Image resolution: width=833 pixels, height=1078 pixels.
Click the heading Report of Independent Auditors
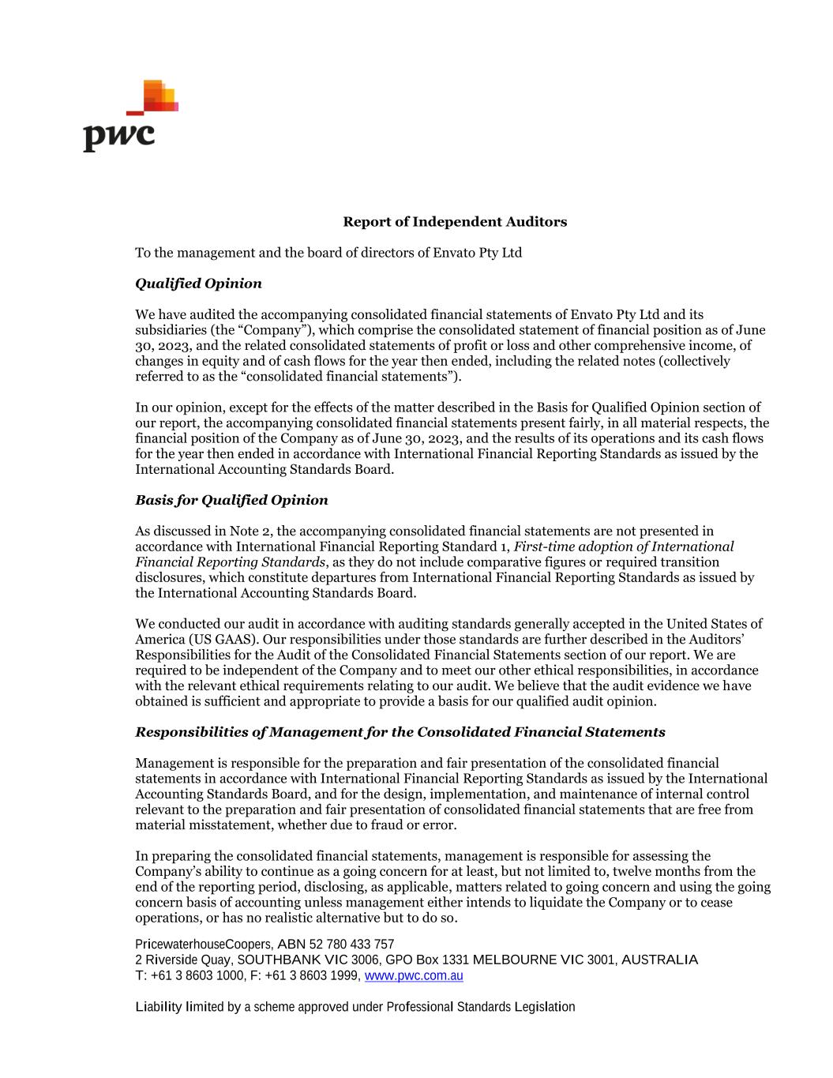click(454, 222)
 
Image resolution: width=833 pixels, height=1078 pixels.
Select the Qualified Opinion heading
click(198, 284)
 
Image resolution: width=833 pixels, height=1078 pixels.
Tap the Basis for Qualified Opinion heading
click(231, 500)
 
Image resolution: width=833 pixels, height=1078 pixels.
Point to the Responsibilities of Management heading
click(400, 732)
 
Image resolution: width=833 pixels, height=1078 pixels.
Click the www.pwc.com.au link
click(414, 975)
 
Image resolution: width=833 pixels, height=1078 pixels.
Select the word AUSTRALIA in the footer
click(660, 960)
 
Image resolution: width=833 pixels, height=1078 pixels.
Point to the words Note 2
click(251, 531)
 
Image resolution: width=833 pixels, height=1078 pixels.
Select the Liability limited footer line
click(355, 1007)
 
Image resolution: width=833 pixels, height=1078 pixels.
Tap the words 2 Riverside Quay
click(183, 960)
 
